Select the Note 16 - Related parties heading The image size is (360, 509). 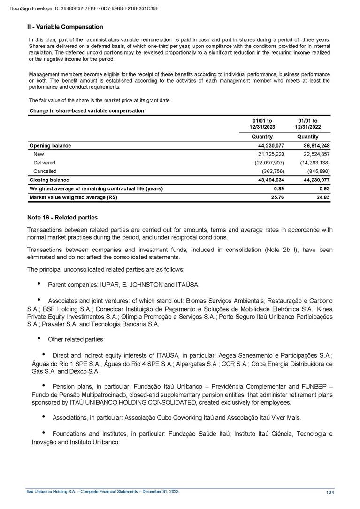[62, 217]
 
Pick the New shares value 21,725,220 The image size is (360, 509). [269, 154]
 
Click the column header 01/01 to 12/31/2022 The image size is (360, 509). [308, 125]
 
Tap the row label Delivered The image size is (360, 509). [44, 163]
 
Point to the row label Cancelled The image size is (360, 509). [45, 171]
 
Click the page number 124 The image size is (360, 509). [330, 492]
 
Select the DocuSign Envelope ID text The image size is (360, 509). [84, 8]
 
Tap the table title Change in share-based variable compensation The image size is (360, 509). [86, 111]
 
